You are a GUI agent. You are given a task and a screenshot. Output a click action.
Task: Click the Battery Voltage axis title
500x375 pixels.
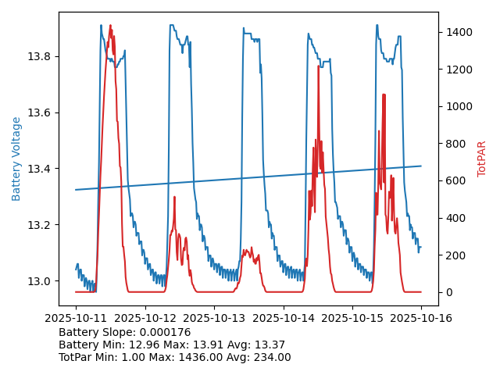16,159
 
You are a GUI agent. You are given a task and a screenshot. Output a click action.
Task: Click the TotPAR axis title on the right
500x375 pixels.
482,159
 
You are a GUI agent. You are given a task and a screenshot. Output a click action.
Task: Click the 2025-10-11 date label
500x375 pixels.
76,318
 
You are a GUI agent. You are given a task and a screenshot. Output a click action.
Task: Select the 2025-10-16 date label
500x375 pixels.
421,318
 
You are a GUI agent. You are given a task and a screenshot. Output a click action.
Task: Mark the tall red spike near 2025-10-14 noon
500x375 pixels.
318,67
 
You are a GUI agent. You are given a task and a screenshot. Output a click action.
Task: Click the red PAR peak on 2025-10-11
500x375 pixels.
110,26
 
